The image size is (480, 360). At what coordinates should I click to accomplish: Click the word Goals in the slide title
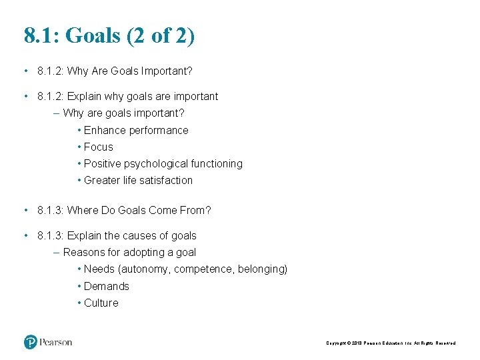tap(93, 36)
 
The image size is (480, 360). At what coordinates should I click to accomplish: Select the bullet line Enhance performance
tap(136, 131)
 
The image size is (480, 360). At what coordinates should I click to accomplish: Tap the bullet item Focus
tap(99, 147)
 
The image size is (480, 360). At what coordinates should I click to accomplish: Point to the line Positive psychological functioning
tap(163, 164)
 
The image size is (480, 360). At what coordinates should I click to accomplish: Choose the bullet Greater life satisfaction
tap(138, 181)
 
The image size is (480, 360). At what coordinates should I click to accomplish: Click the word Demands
tap(107, 287)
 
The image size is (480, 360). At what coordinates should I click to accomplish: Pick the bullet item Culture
tap(101, 303)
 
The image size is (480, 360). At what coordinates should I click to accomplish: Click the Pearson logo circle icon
tap(30, 342)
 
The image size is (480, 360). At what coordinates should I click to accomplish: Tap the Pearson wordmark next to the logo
tap(55, 342)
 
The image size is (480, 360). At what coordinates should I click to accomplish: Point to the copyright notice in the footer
tap(391, 343)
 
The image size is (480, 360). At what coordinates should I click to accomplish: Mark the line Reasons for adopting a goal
tap(129, 253)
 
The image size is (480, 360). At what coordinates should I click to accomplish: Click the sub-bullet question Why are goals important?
tap(123, 113)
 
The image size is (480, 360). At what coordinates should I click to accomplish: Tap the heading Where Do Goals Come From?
tap(139, 211)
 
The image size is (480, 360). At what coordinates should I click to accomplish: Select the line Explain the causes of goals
tap(131, 236)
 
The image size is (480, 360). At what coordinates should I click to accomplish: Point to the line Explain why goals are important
tap(142, 97)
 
